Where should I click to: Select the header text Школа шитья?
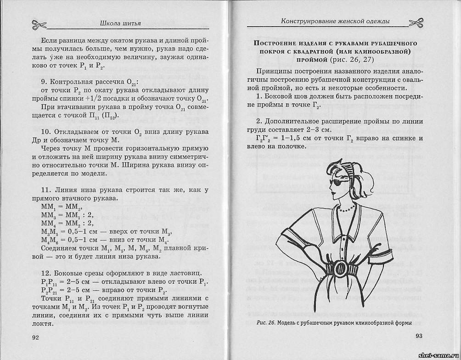pyautogui.click(x=120, y=23)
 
